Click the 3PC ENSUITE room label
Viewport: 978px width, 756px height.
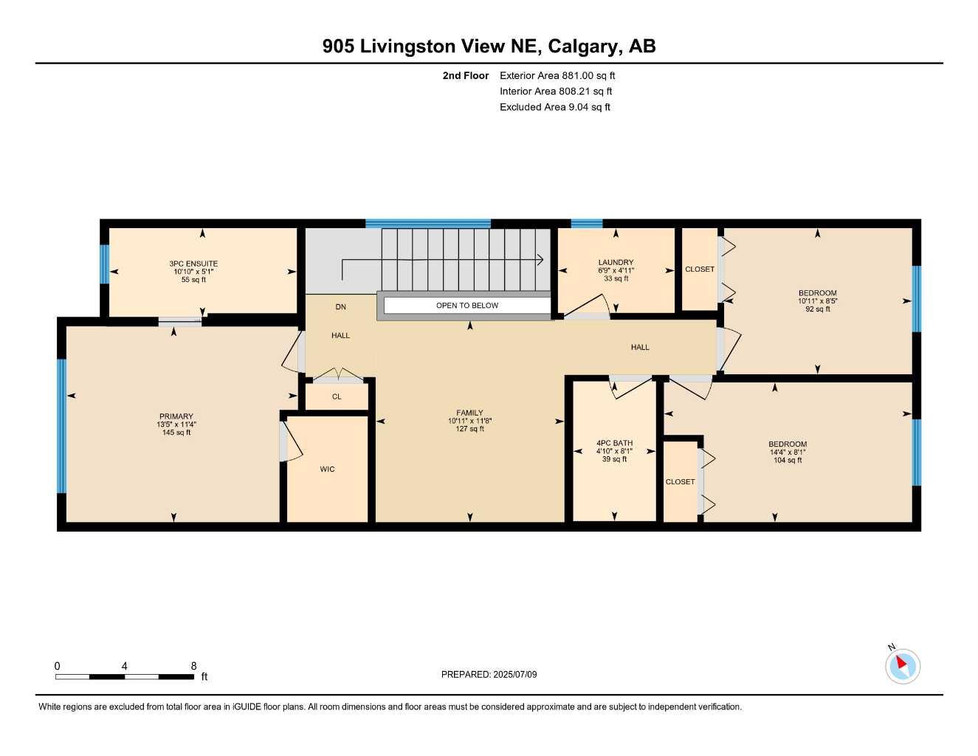tap(193, 264)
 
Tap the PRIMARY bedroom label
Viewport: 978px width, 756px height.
tap(176, 416)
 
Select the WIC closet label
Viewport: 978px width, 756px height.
tap(327, 470)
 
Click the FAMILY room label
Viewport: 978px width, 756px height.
tap(469, 413)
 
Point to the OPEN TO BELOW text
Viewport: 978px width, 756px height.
tap(467, 306)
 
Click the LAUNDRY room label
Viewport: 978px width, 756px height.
tap(616, 263)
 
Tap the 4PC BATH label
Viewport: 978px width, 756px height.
tap(614, 444)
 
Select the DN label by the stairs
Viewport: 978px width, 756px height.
tap(340, 307)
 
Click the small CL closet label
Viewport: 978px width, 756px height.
tap(337, 397)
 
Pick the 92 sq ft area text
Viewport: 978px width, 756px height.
tap(817, 309)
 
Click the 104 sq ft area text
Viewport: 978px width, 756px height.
tap(788, 461)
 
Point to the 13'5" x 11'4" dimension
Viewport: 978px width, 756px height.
tap(176, 425)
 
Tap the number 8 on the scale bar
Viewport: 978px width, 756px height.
tap(193, 666)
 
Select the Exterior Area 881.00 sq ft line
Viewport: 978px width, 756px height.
tap(557, 75)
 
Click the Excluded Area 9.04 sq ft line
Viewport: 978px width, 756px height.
tap(555, 107)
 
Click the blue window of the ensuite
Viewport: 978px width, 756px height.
tap(105, 264)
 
